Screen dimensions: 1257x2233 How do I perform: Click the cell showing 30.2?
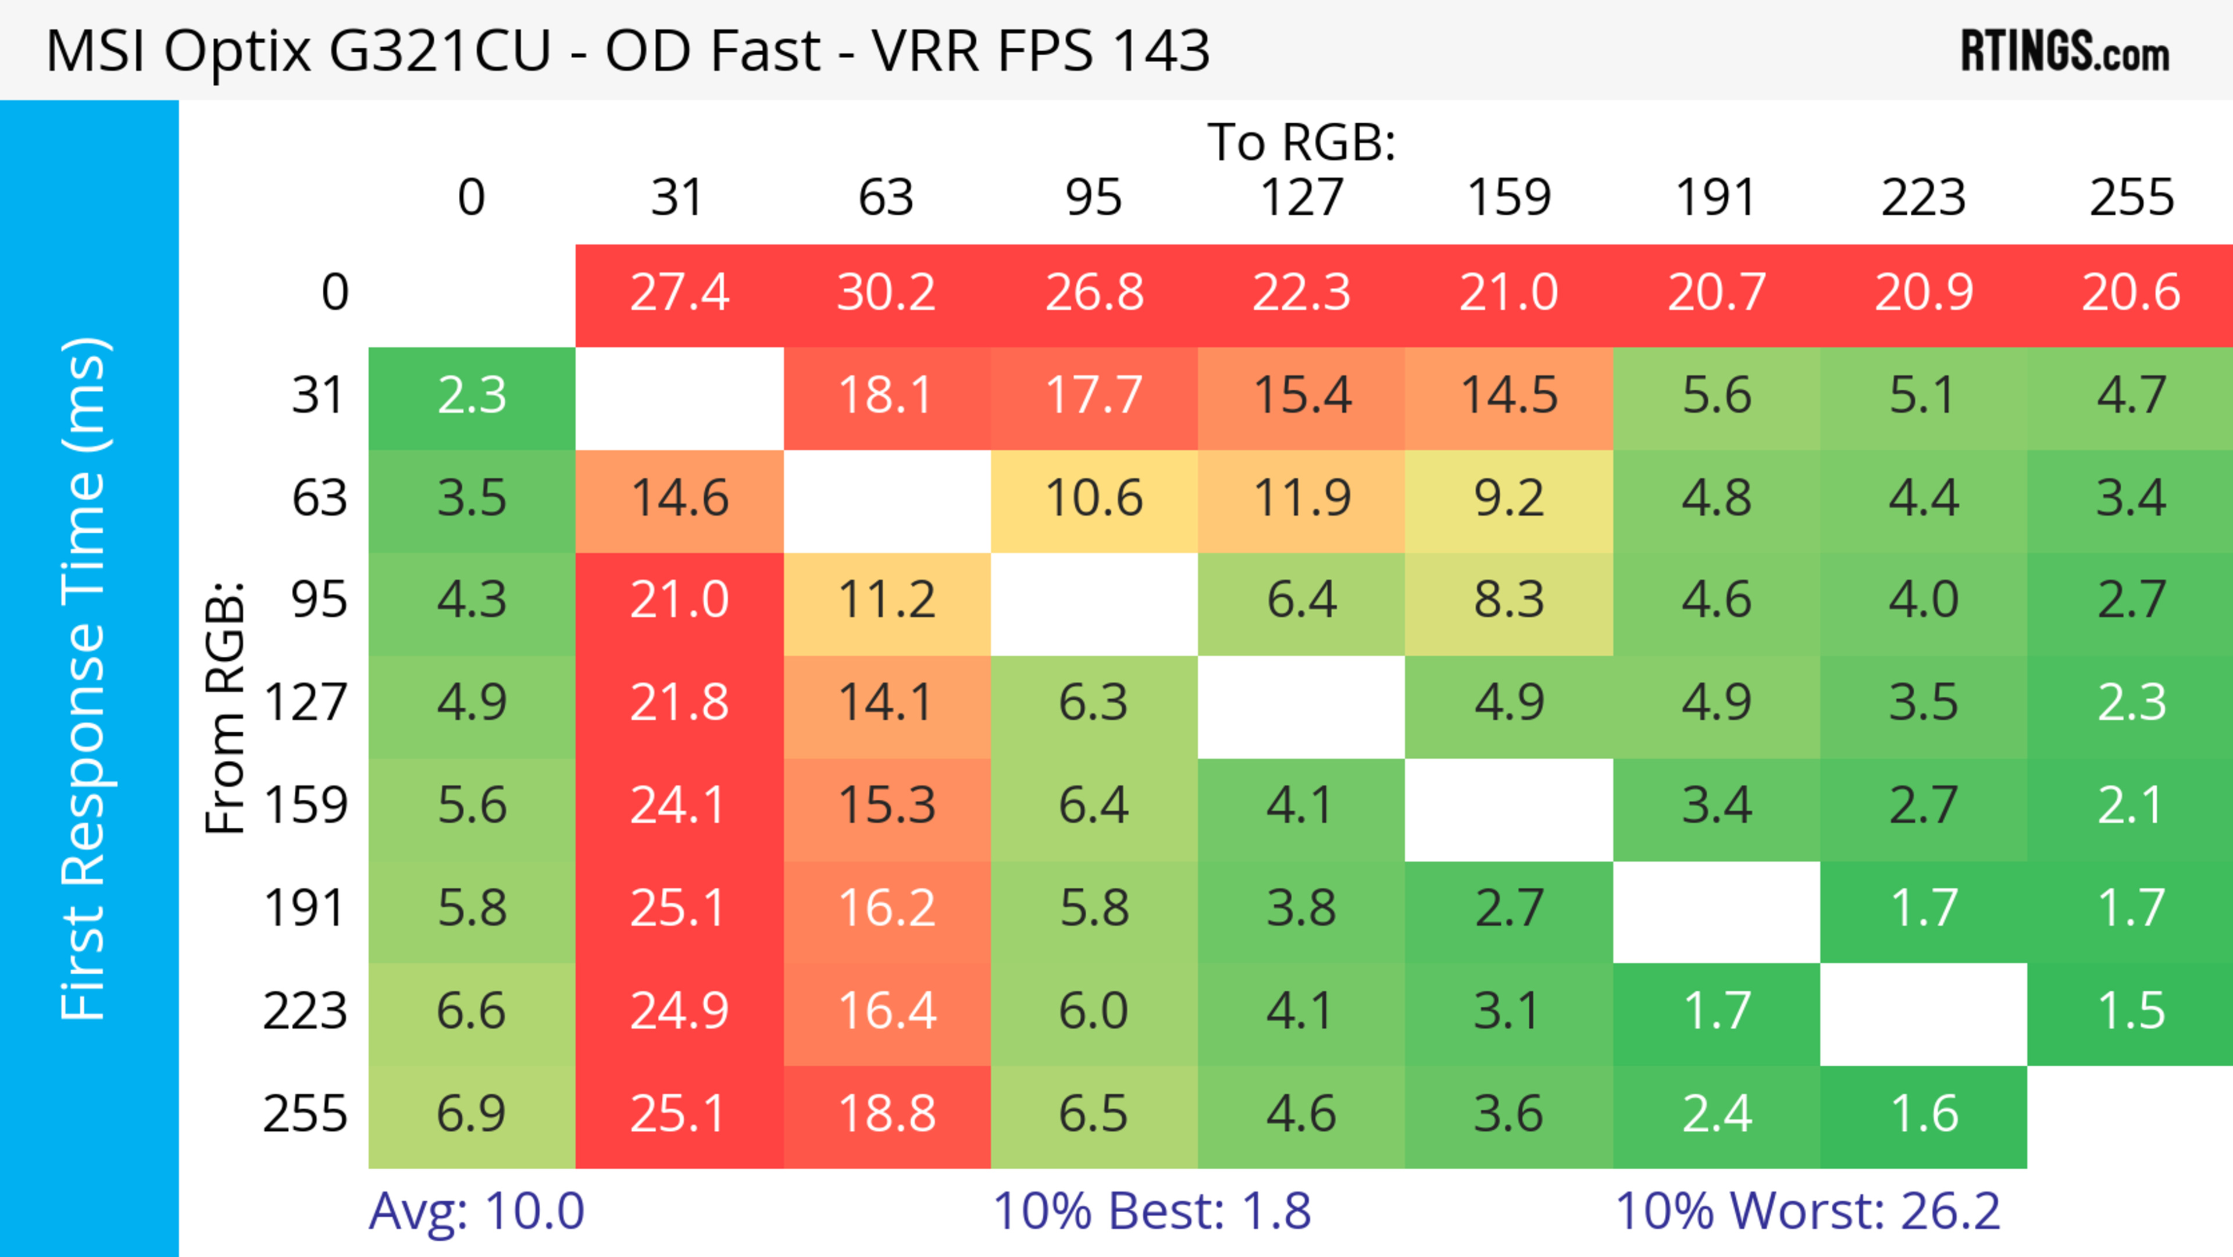[x=886, y=293]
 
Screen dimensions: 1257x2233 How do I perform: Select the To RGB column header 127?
[x=1301, y=198]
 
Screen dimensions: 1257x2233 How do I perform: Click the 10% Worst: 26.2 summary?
[x=1807, y=1210]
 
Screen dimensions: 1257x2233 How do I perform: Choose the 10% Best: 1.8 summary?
[x=1151, y=1210]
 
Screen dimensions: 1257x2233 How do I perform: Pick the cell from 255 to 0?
[x=472, y=1114]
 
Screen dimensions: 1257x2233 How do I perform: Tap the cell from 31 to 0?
[x=472, y=396]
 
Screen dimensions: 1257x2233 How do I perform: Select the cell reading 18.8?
[x=886, y=1114]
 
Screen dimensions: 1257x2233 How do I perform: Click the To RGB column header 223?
[x=1924, y=198]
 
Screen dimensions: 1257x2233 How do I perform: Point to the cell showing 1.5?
[x=2131, y=1011]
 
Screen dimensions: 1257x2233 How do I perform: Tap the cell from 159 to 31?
[x=679, y=806]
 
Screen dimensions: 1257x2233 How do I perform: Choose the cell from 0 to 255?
[x=2131, y=293]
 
